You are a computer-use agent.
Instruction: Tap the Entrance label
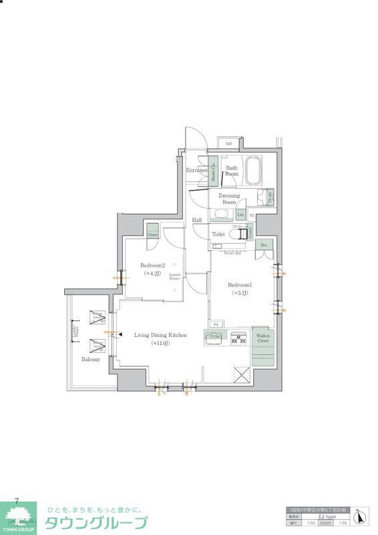point(196,171)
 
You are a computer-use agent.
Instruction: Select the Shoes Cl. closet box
point(214,173)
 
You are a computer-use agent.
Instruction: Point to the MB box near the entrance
point(228,144)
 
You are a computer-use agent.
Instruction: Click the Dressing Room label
point(229,199)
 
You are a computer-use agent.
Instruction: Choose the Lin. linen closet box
point(239,214)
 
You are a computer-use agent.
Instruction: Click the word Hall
point(197,220)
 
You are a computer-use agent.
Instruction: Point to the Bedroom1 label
point(239,284)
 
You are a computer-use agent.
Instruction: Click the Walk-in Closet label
point(263,338)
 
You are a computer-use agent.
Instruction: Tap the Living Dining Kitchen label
point(160,335)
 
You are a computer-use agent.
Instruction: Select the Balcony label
point(91,359)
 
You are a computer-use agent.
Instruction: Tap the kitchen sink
point(215,338)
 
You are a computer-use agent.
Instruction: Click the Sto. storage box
point(264,245)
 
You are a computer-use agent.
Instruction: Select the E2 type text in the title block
point(327,517)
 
